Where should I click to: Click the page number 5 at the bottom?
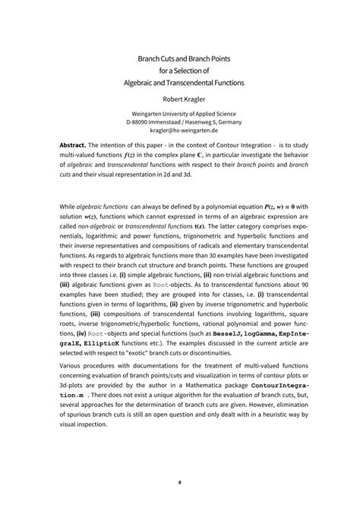pyautogui.click(x=180, y=481)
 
